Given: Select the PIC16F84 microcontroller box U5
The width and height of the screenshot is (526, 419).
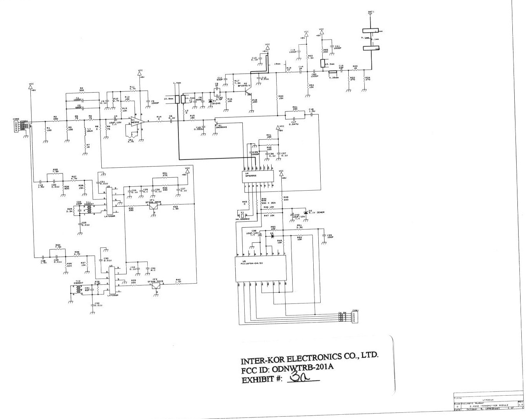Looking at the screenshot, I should point(260,268).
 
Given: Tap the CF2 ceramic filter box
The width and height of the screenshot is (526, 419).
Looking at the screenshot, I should point(156,286).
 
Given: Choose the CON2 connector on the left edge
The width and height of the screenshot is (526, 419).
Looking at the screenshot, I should point(16,126).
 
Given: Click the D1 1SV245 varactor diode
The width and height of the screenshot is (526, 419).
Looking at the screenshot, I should point(211,101).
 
